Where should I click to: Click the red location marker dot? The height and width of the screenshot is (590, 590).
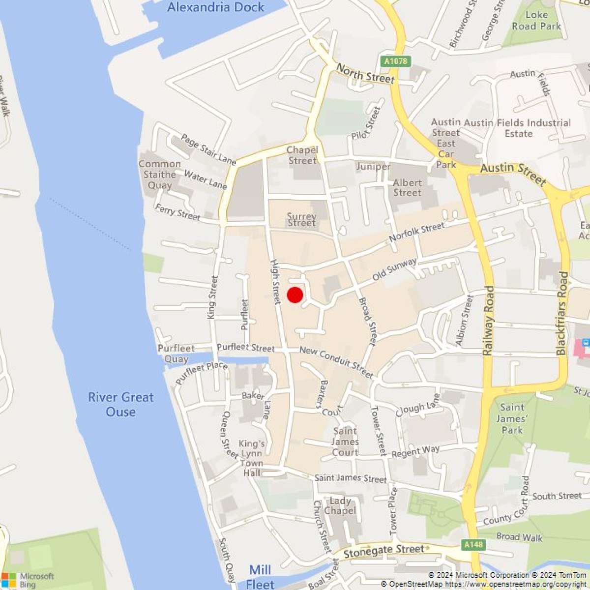pos(295,295)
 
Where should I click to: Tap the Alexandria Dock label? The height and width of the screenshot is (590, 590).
pos(216,7)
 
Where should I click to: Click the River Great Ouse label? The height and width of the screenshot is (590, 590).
pos(121,404)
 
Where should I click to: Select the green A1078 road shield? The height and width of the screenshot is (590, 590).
pos(396,61)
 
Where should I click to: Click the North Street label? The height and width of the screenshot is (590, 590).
pos(365,74)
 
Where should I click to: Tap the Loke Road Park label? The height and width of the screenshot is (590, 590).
pos(536,20)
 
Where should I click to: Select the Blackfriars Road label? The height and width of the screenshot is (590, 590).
pos(562,313)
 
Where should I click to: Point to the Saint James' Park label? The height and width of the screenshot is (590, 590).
pos(512,418)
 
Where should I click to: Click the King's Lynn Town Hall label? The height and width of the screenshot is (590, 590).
pos(252,458)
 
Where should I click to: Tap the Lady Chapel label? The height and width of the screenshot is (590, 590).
pos(340,505)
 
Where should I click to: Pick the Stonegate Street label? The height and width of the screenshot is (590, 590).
pos(383,551)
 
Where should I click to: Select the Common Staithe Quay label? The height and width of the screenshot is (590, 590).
pos(160,175)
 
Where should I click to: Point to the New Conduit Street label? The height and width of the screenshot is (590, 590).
pos(336,362)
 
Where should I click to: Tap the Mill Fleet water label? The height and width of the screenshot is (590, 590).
pos(260,577)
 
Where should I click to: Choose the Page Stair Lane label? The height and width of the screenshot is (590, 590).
pos(208,149)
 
